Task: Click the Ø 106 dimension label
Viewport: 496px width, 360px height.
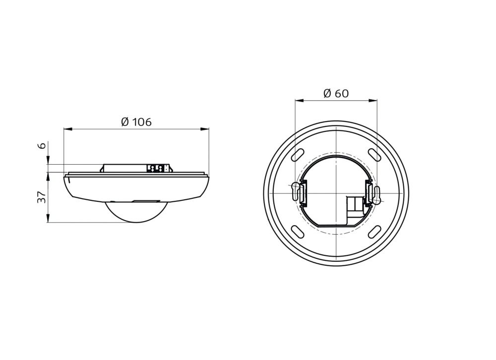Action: (136, 121)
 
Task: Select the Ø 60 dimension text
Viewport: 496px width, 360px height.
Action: (336, 93)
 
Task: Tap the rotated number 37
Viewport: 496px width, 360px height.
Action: (42, 197)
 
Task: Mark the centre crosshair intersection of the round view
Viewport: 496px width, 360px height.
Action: (336, 192)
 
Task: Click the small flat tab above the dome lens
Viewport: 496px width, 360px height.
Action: (144, 201)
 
